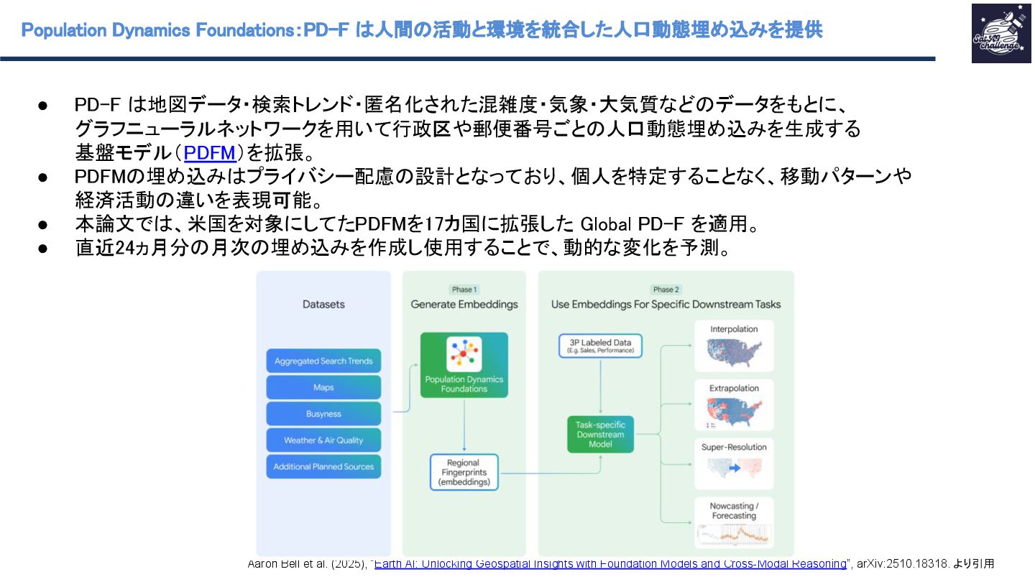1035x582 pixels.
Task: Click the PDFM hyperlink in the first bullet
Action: tap(210, 153)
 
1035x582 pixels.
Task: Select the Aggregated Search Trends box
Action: tap(323, 361)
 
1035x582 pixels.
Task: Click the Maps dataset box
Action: tap(323, 387)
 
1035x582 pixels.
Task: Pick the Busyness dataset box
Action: tap(323, 414)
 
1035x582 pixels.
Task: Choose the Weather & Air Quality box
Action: tap(323, 440)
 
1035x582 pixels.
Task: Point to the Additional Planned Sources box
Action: tap(323, 466)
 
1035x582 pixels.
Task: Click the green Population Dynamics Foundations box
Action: tap(464, 365)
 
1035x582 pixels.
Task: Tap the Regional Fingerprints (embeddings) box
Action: tap(464, 473)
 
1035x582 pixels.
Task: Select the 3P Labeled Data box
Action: tap(600, 346)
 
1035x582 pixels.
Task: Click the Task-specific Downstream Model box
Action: tap(600, 434)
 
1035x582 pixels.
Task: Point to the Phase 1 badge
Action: tap(464, 290)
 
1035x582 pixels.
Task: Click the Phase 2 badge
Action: tap(666, 290)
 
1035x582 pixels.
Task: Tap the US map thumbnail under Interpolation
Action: tap(734, 351)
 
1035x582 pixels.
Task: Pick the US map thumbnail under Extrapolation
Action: tap(734, 410)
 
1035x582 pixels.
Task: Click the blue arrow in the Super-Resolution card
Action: tap(734, 468)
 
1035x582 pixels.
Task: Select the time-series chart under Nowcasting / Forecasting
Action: tap(734, 535)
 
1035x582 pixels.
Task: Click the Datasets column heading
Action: tap(323, 305)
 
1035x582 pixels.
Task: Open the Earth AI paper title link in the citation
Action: tap(610, 564)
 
